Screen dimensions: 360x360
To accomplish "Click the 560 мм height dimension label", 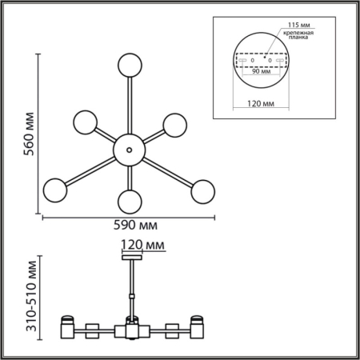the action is point(29,134).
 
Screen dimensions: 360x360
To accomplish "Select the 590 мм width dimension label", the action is point(135,226).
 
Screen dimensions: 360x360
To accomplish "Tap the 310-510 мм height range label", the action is point(31,296).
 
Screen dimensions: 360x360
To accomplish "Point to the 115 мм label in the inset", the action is point(298,25).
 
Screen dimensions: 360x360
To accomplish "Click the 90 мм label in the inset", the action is point(262,71).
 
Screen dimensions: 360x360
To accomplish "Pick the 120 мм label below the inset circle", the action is point(261,103).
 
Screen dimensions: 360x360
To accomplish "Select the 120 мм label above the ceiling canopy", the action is point(142,245).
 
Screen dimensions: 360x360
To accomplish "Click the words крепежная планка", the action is point(298,35).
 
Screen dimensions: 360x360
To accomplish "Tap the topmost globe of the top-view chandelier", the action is point(130,66).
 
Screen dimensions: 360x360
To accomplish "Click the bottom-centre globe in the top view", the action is point(130,202).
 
